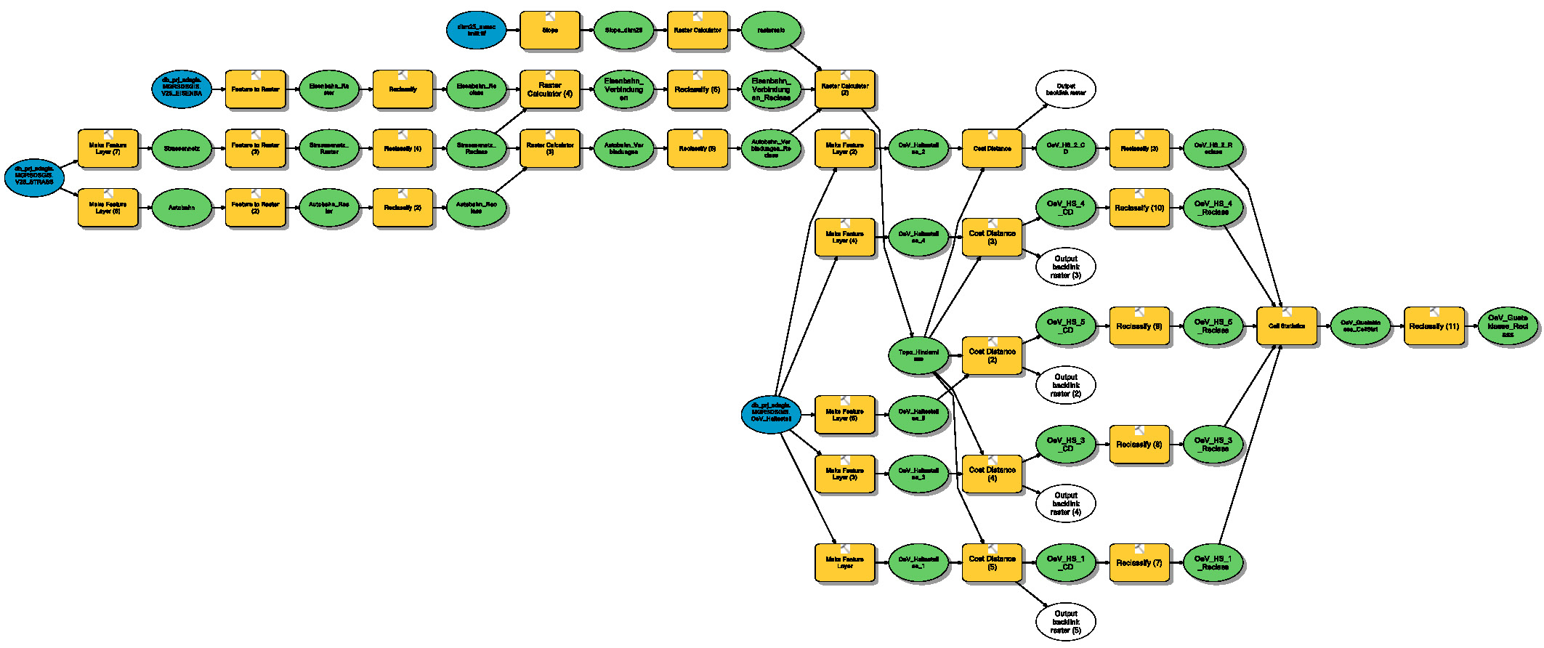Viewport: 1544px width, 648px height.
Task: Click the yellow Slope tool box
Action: [550, 31]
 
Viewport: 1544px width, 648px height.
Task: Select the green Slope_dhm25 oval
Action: [623, 31]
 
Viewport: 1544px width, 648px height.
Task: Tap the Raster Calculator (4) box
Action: [550, 89]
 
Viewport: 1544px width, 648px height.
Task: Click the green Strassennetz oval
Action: [182, 148]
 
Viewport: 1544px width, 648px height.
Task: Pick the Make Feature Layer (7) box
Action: [108, 148]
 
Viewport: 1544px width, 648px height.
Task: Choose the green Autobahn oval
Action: [182, 208]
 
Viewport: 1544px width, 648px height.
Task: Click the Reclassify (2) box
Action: [403, 208]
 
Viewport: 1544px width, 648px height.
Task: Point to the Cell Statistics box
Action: [1287, 326]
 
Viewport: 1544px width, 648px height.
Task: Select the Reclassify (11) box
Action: [1434, 326]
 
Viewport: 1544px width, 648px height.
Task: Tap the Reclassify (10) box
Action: [1139, 208]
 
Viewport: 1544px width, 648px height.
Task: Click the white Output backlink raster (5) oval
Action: [1066, 622]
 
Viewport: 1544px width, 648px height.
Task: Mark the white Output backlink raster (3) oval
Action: [1066, 267]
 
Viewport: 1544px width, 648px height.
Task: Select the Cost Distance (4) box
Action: [992, 474]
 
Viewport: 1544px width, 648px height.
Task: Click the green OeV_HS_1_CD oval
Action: [1066, 563]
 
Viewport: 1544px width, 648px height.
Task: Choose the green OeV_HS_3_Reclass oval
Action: [1213, 445]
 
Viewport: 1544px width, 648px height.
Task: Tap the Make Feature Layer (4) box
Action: [844, 238]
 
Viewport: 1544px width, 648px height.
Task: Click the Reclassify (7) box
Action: [1139, 563]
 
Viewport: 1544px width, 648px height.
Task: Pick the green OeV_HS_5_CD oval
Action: [1066, 326]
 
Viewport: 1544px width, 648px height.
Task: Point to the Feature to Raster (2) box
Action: [255, 208]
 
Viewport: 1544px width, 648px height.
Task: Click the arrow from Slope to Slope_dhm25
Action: [586, 31]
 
